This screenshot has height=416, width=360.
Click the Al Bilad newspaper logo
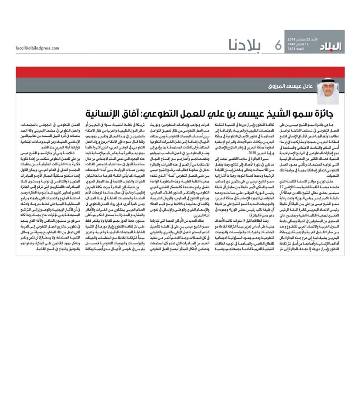(x=332, y=46)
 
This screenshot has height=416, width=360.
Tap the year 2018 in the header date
(x=292, y=40)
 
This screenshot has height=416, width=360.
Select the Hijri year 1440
(x=292, y=44)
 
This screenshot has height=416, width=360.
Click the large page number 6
(x=278, y=45)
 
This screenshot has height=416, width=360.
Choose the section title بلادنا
(x=245, y=45)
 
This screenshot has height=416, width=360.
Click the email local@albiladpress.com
(x=37, y=48)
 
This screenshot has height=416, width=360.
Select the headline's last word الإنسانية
(x=103, y=114)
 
